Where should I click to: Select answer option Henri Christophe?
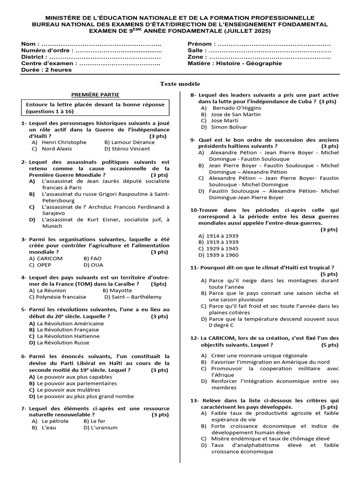(x=64, y=142)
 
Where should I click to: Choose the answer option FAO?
(x=96, y=258)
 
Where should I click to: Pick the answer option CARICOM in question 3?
(x=49, y=258)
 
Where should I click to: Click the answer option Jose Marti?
(x=225, y=120)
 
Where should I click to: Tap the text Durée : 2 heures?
(x=46, y=70)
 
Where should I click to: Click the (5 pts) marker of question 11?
(x=329, y=274)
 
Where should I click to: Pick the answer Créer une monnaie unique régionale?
(x=259, y=355)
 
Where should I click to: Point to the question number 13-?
(x=195, y=401)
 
